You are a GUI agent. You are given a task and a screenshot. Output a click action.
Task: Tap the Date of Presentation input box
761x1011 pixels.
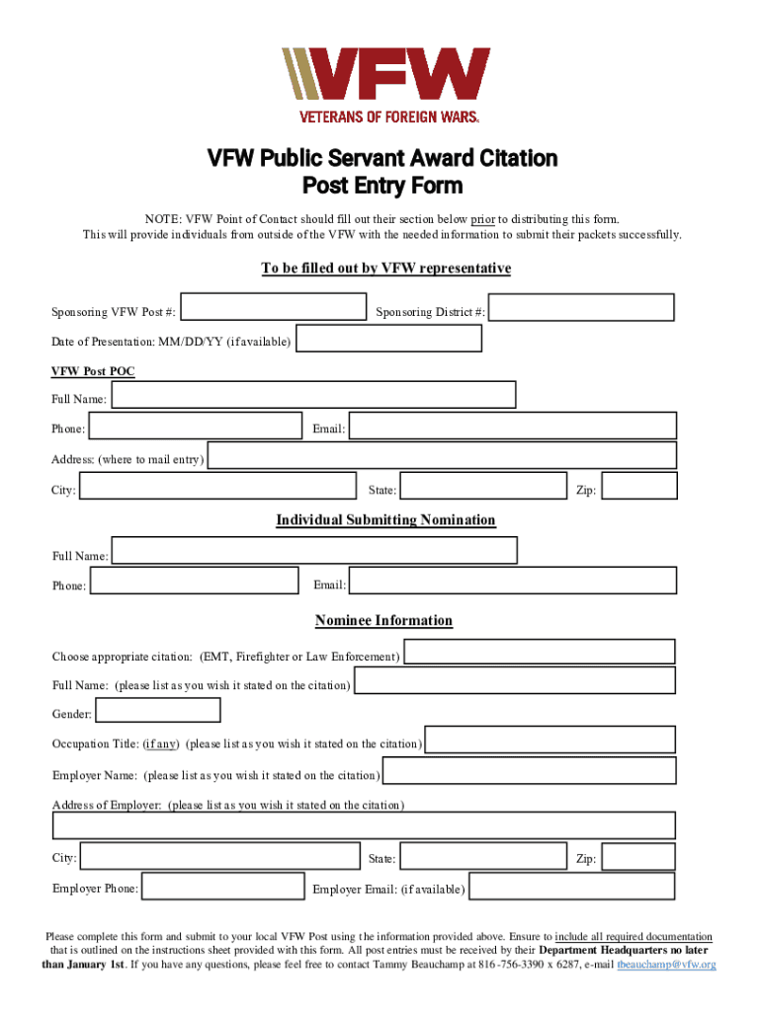[x=388, y=339]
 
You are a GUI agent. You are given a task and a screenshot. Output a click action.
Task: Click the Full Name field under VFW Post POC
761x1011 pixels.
[x=313, y=395]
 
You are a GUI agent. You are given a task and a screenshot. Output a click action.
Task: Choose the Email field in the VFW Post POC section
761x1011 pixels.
[x=513, y=426]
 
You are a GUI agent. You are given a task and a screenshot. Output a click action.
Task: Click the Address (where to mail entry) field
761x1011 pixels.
[x=442, y=455]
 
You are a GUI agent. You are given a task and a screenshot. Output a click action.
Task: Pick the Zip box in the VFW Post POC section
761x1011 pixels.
[x=639, y=486]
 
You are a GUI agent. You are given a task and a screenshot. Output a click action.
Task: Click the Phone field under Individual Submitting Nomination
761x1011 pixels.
[x=195, y=581]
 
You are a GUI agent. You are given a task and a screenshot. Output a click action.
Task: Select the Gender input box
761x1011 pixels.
[x=158, y=710]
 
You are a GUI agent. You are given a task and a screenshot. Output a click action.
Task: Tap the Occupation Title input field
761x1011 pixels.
[x=550, y=739]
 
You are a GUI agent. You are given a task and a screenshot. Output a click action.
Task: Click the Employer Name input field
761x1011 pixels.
[x=530, y=771]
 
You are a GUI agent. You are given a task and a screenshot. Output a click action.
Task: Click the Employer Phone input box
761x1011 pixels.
[x=221, y=886]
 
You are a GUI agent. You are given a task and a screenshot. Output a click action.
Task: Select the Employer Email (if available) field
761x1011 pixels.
[x=572, y=886]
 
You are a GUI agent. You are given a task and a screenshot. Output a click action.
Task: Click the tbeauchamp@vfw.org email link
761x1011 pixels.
[x=666, y=965]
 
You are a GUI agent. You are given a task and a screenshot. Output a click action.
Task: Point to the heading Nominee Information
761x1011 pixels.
[x=383, y=621]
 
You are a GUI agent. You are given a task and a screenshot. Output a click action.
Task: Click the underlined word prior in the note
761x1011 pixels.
[x=482, y=219]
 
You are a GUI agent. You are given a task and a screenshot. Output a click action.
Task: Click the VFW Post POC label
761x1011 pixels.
[x=93, y=371]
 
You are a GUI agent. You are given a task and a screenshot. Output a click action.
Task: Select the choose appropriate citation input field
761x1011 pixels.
[x=540, y=652]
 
